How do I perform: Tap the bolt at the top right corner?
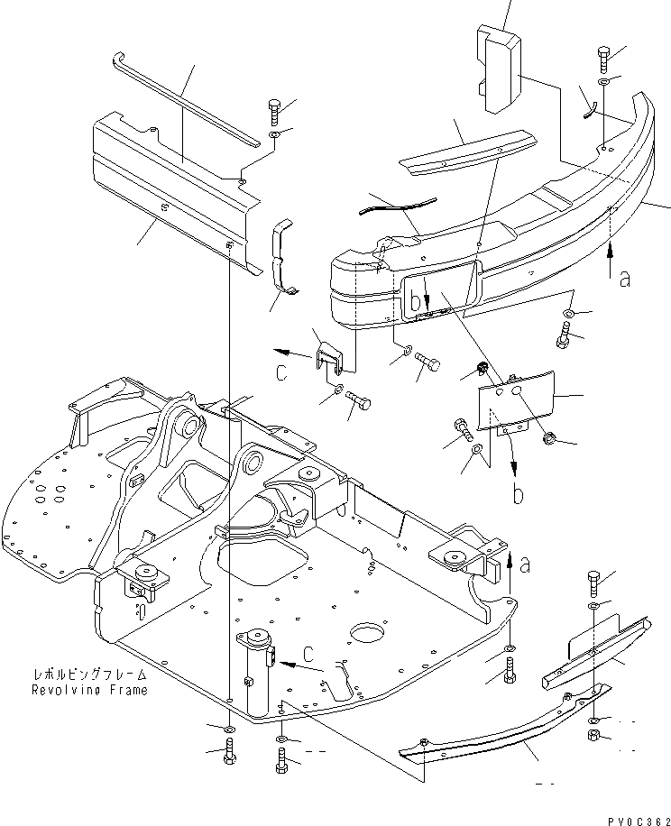(604, 60)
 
